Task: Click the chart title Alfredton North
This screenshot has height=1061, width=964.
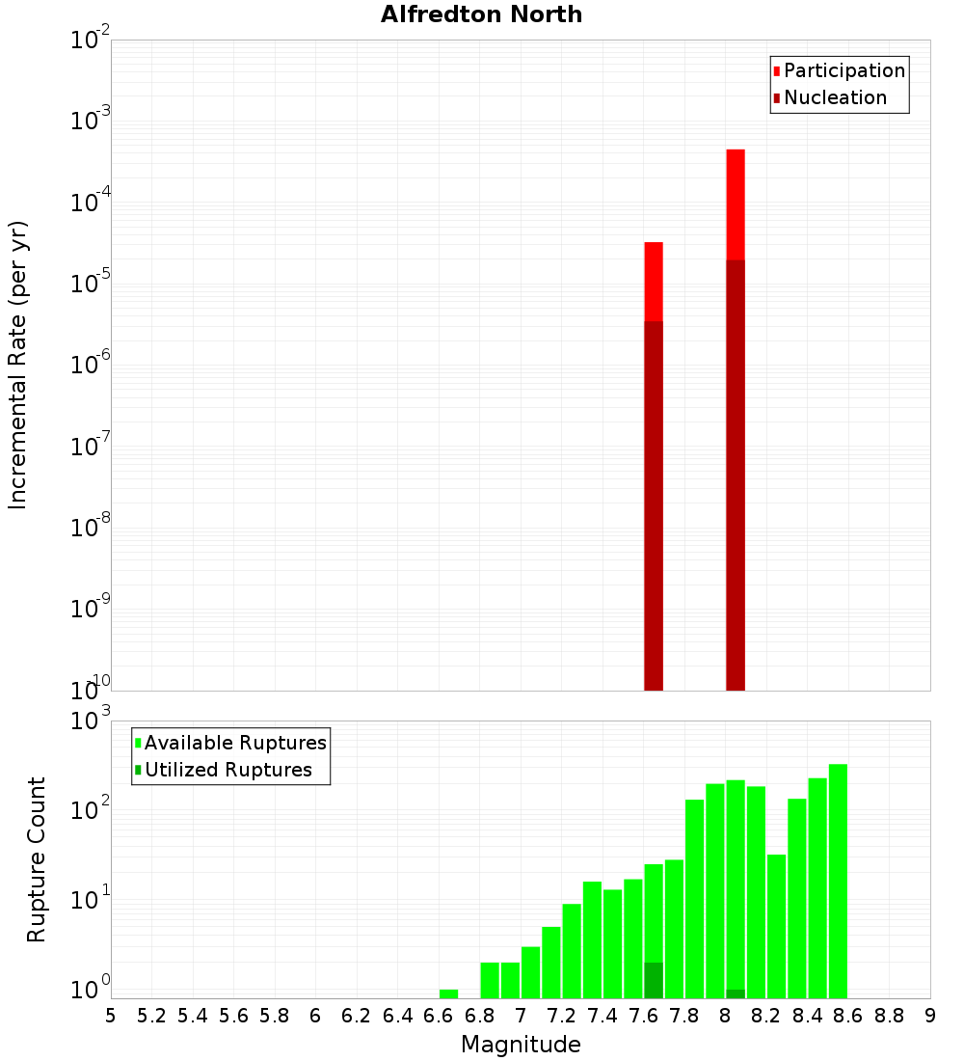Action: click(481, 14)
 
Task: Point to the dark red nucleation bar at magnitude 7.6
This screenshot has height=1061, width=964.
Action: click(654, 502)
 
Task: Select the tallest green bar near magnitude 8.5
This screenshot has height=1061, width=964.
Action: click(838, 878)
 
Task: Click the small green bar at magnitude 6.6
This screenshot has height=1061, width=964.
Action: click(448, 993)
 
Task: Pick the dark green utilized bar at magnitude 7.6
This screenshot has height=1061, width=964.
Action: click(654, 980)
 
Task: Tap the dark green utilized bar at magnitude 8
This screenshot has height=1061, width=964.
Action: click(736, 993)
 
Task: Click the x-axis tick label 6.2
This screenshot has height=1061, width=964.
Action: click(357, 1016)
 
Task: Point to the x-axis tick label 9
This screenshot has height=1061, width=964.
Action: click(930, 1016)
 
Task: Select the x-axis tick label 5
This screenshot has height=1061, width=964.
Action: click(111, 1016)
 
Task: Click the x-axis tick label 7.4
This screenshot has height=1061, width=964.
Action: click(602, 1016)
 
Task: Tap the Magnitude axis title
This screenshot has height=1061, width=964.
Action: click(521, 1045)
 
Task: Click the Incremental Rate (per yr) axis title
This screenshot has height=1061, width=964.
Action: click(18, 365)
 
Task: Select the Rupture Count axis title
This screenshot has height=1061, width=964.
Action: click(37, 858)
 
